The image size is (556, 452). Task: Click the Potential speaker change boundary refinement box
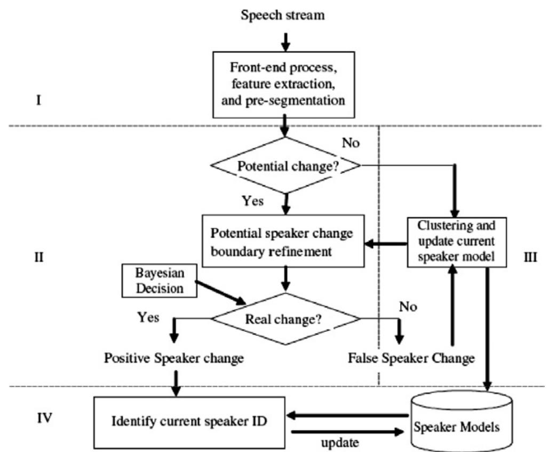coord(282,242)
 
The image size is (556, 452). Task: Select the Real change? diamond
coord(287,319)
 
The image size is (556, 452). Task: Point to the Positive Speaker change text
coord(174,358)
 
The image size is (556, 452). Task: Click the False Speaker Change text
coord(411,358)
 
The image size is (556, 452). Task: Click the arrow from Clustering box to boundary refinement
coord(384,244)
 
